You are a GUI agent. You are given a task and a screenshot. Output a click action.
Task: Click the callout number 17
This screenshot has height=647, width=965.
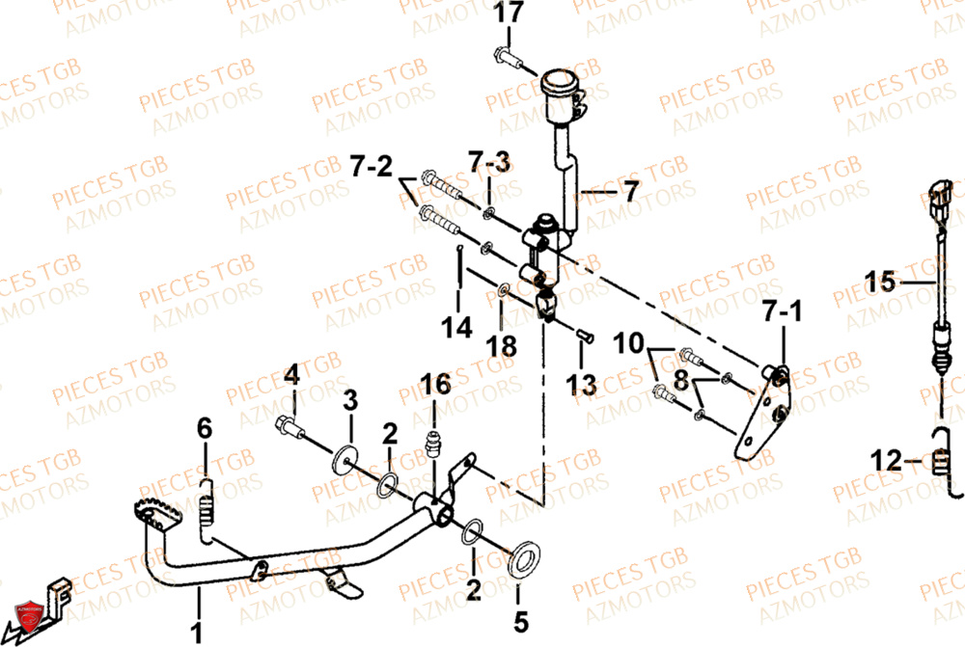[x=510, y=14]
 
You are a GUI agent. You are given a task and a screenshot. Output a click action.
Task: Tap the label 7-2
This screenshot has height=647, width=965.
[x=371, y=168]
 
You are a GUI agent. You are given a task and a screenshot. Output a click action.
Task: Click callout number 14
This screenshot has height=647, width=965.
[x=458, y=328]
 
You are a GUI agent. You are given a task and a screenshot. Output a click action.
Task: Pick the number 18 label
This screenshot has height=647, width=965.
[x=502, y=344]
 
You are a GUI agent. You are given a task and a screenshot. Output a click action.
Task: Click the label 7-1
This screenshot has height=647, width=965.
[x=783, y=310]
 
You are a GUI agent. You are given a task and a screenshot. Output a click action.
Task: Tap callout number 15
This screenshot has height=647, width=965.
[x=880, y=283]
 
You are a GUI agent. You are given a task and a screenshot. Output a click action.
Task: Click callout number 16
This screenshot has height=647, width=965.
[x=435, y=385]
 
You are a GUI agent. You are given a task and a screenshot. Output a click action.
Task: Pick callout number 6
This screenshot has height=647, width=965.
[x=204, y=428]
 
